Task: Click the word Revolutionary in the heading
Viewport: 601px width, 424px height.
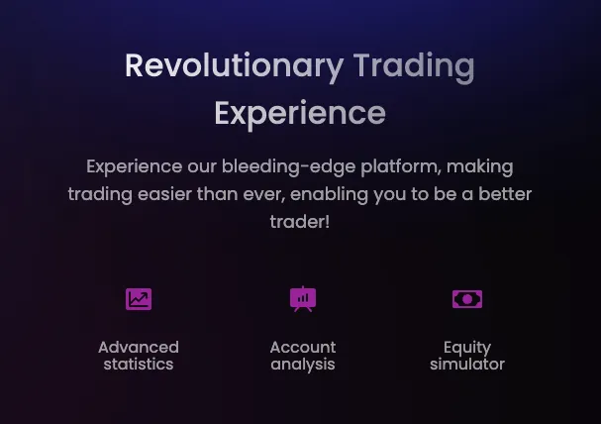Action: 234,66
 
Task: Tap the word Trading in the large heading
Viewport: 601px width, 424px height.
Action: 414,67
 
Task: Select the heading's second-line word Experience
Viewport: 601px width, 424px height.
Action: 300,114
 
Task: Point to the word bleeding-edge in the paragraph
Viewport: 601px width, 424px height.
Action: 288,167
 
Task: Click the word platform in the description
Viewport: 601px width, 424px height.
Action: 401,167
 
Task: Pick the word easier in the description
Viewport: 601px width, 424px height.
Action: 164,194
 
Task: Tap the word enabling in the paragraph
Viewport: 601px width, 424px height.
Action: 330,195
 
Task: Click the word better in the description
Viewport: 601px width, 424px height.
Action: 505,194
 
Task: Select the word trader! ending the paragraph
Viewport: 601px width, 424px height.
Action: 300,222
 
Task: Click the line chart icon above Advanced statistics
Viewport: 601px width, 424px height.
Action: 139,299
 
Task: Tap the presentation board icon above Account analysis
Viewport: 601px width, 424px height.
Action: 303,299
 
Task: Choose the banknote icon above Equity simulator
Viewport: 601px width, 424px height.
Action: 467,299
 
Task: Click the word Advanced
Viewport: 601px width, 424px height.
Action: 139,348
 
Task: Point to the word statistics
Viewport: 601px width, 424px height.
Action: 139,365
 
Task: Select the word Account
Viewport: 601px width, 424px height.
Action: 303,348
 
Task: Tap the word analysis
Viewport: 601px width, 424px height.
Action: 303,365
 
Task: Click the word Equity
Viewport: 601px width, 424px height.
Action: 467,348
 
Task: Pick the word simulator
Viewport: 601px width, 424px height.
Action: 467,365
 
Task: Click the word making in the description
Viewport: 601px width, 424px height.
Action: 480,167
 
